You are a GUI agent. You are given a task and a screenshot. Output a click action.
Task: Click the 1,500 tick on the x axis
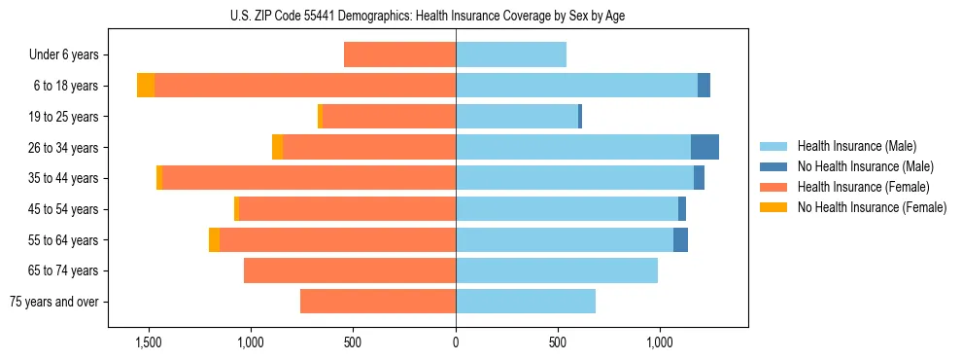[x=148, y=342]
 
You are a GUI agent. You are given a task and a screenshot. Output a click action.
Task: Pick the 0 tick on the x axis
[x=456, y=342]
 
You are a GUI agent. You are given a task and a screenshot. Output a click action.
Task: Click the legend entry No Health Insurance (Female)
[x=872, y=207]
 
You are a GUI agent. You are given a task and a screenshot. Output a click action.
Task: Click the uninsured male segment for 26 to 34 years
[x=704, y=147]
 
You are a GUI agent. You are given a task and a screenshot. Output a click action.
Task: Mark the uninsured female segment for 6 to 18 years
[x=146, y=86]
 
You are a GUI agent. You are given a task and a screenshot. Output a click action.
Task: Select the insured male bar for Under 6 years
[x=511, y=54]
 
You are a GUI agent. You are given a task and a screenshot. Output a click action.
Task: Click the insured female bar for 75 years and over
[x=378, y=302]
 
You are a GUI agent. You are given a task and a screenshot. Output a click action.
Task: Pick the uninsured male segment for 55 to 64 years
[x=680, y=239]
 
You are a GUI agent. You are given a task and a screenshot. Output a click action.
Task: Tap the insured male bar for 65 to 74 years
[x=557, y=270]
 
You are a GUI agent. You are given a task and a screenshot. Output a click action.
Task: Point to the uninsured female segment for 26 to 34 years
[x=278, y=147]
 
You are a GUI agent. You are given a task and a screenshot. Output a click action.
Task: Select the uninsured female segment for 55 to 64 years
[x=214, y=239]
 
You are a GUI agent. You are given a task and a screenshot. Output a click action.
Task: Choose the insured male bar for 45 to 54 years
[x=567, y=209]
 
